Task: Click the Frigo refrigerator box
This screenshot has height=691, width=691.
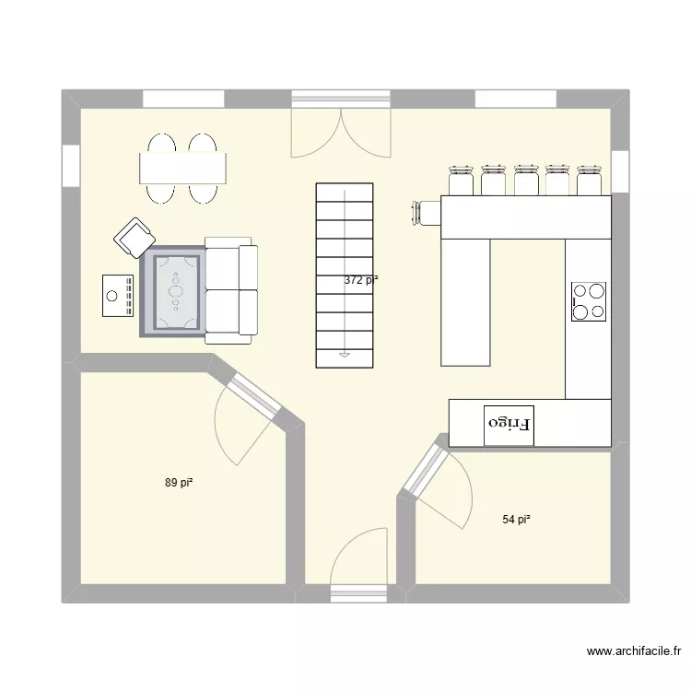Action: click(x=509, y=426)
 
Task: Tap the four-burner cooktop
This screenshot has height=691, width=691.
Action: click(x=589, y=301)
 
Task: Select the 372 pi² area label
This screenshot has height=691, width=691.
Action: click(x=361, y=280)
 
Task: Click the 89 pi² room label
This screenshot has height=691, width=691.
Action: click(x=179, y=483)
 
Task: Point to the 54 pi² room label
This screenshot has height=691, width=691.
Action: click(x=516, y=520)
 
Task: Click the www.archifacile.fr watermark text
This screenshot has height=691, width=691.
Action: click(x=634, y=650)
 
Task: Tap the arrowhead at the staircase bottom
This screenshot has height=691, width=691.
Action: click(x=345, y=355)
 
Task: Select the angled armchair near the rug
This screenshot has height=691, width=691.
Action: click(x=135, y=238)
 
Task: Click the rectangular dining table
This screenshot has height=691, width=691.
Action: click(x=183, y=169)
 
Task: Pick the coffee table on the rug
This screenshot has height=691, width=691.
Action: click(x=176, y=291)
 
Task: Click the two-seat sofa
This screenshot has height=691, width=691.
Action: click(x=231, y=290)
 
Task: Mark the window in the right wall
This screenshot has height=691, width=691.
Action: click(x=620, y=172)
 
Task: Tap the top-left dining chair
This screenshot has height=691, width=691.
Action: click(x=162, y=143)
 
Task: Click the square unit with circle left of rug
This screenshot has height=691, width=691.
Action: click(x=118, y=295)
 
